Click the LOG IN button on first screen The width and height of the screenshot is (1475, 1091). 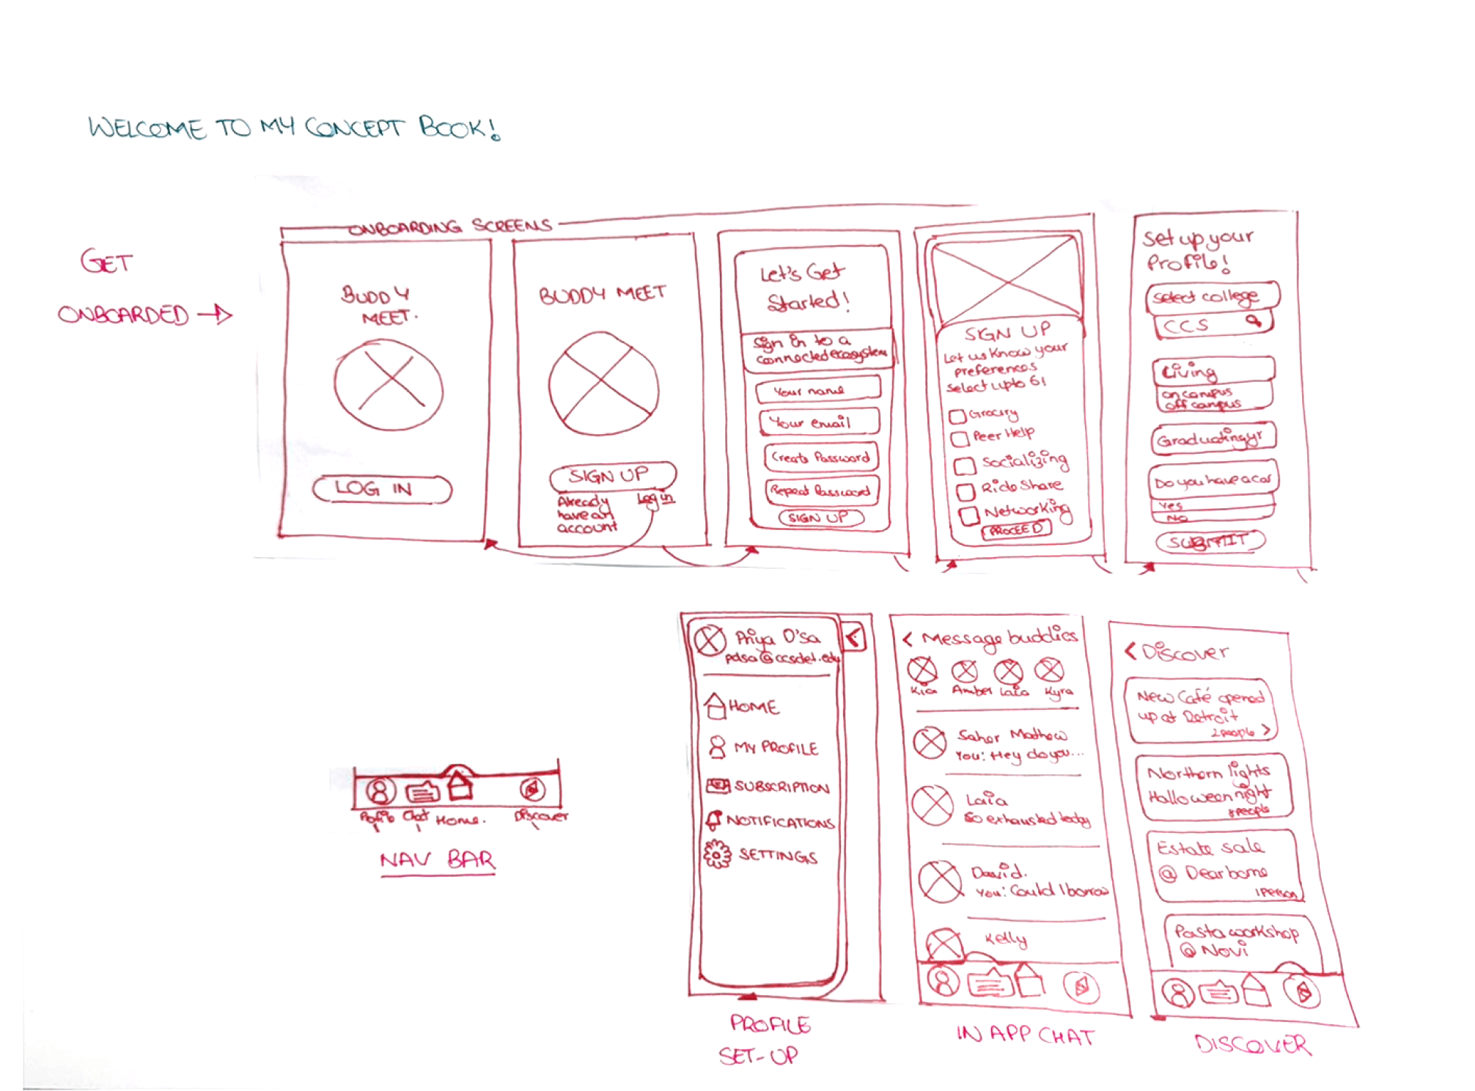pos(381,489)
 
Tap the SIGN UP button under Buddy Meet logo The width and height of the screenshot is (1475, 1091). pos(611,476)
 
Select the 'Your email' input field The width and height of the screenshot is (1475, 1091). pos(819,422)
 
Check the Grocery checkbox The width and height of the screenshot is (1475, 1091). pos(957,416)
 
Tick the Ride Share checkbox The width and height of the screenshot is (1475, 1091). pos(965,490)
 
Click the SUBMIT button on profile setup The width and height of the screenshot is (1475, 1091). pos(1210,542)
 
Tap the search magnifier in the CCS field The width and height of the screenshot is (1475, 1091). pos(1254,320)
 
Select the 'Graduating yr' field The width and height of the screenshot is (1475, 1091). pos(1213,438)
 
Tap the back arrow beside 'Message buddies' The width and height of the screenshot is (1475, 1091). pos(908,639)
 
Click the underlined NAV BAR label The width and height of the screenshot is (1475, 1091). pos(438,859)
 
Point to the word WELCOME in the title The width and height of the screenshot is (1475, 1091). pos(147,128)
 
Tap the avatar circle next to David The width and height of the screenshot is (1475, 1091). pos(941,880)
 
